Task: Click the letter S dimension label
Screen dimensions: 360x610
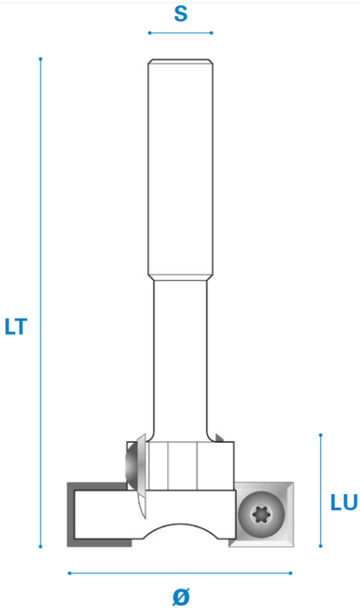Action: pos(181,14)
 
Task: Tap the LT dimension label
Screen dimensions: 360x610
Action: pos(16,327)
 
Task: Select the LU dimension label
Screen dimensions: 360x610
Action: pos(344,502)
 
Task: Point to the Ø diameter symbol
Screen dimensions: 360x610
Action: pos(181,596)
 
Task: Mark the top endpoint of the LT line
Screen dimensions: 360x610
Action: pos(40,59)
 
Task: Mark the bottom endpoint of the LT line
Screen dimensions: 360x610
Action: pos(40,547)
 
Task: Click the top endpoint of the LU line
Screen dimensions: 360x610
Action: pos(321,435)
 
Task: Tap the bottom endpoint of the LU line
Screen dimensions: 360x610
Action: pos(321,546)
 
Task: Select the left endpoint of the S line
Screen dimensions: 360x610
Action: pos(150,33)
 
